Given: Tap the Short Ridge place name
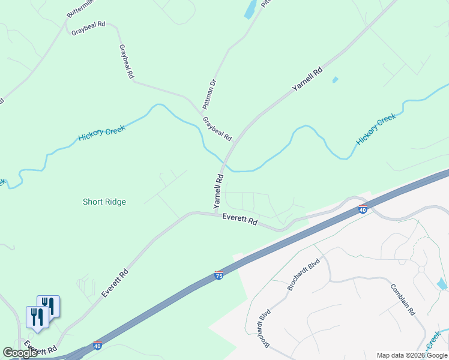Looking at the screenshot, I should click(104, 202).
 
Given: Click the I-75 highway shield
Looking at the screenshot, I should click(218, 275).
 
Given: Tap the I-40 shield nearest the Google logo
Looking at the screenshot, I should click(97, 346).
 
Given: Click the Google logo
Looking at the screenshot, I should click(20, 353).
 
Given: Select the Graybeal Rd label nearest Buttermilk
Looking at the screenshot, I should click(88, 28).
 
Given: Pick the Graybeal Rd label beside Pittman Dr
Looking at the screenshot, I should click(217, 128).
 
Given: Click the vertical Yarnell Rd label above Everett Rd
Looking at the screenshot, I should click(218, 191).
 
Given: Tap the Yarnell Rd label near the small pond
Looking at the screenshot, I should click(307, 79).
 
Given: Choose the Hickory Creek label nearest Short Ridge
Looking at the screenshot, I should click(101, 133).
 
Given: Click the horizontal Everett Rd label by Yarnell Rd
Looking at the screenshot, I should click(240, 220).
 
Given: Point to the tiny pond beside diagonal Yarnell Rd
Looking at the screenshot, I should click(335, 79).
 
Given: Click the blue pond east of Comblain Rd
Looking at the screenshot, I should click(442, 284).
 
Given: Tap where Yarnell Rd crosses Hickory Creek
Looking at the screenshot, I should click(224, 166).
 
